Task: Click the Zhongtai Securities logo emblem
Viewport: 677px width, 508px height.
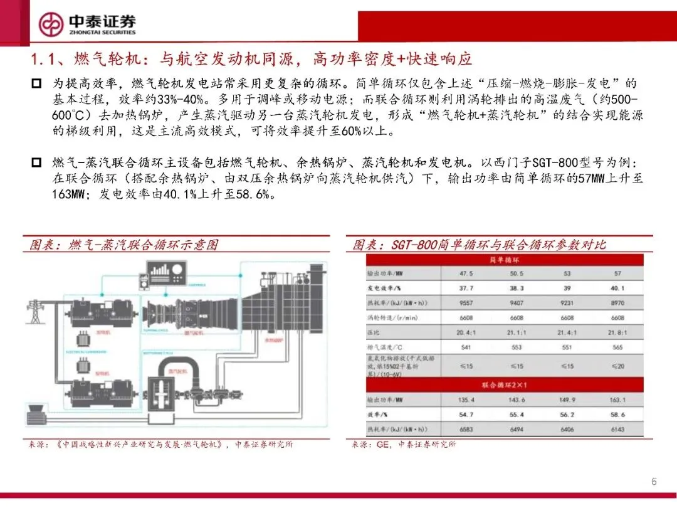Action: pyautogui.click(x=51, y=24)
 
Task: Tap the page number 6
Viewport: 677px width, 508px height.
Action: pyautogui.click(x=654, y=482)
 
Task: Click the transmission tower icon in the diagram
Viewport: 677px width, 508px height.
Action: pyautogui.click(x=35, y=311)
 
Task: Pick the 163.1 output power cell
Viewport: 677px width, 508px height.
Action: pyautogui.click(x=617, y=400)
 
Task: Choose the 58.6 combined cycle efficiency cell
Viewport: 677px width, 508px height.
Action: pyautogui.click(x=617, y=415)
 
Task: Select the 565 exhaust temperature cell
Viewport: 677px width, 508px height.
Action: pyautogui.click(x=617, y=347)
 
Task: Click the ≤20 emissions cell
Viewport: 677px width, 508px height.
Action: pyautogui.click(x=617, y=366)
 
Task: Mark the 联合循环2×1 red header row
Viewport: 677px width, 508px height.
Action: pyautogui.click(x=508, y=383)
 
